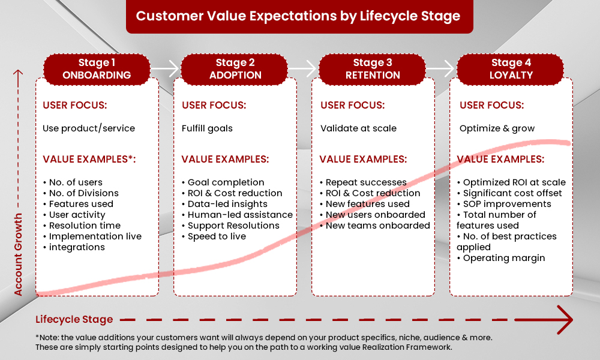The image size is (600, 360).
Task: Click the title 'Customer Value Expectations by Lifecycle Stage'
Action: [x=298, y=16]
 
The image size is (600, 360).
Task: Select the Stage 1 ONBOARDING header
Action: [x=97, y=69]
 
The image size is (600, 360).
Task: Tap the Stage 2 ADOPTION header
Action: [x=235, y=69]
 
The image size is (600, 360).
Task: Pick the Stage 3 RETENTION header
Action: [x=373, y=69]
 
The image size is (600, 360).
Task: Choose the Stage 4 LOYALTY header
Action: [x=511, y=69]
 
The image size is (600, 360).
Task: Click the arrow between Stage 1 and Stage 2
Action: [x=165, y=69]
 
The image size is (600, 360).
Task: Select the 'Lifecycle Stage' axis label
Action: [x=74, y=319]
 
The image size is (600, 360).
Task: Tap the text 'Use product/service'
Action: [x=89, y=128]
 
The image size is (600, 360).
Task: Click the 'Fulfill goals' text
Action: [x=207, y=128]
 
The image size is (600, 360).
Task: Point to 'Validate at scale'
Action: [x=358, y=128]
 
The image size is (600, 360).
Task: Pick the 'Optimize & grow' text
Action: [x=496, y=128]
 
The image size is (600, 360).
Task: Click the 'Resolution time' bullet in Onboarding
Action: [x=85, y=226]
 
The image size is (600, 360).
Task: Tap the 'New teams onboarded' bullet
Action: [x=377, y=226]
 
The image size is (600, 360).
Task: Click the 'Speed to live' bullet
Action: [x=216, y=236]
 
